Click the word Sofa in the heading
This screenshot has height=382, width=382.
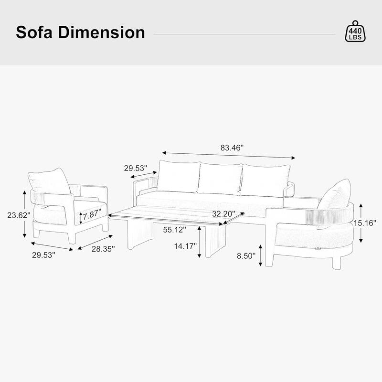click(x=36, y=32)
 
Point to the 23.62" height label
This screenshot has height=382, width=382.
click(x=19, y=215)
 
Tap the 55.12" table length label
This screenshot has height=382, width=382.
click(x=175, y=230)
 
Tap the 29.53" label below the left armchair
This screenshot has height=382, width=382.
click(x=44, y=255)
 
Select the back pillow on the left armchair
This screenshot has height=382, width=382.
click(x=51, y=182)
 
